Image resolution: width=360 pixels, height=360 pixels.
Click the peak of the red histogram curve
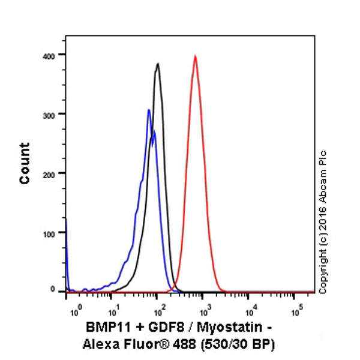(195, 56)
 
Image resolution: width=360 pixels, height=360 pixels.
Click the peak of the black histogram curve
(157, 64)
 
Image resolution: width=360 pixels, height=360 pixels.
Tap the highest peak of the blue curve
(148, 110)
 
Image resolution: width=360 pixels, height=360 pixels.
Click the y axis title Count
(25, 163)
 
